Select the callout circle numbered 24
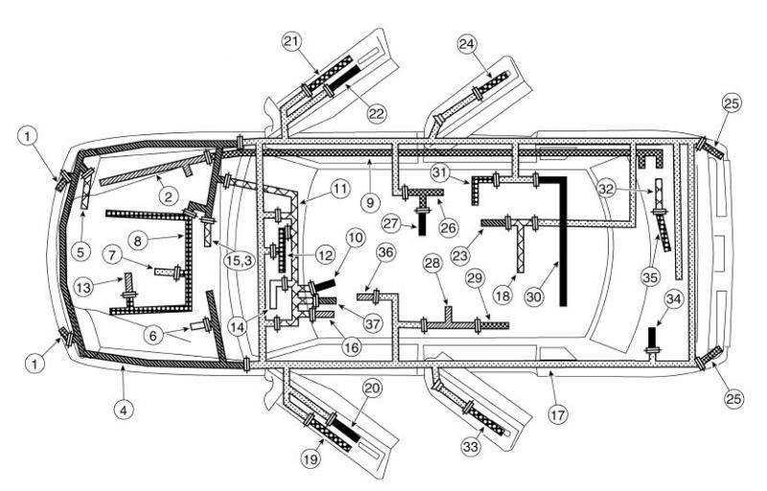click(468, 44)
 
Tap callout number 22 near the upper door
click(376, 111)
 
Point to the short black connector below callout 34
click(652, 338)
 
